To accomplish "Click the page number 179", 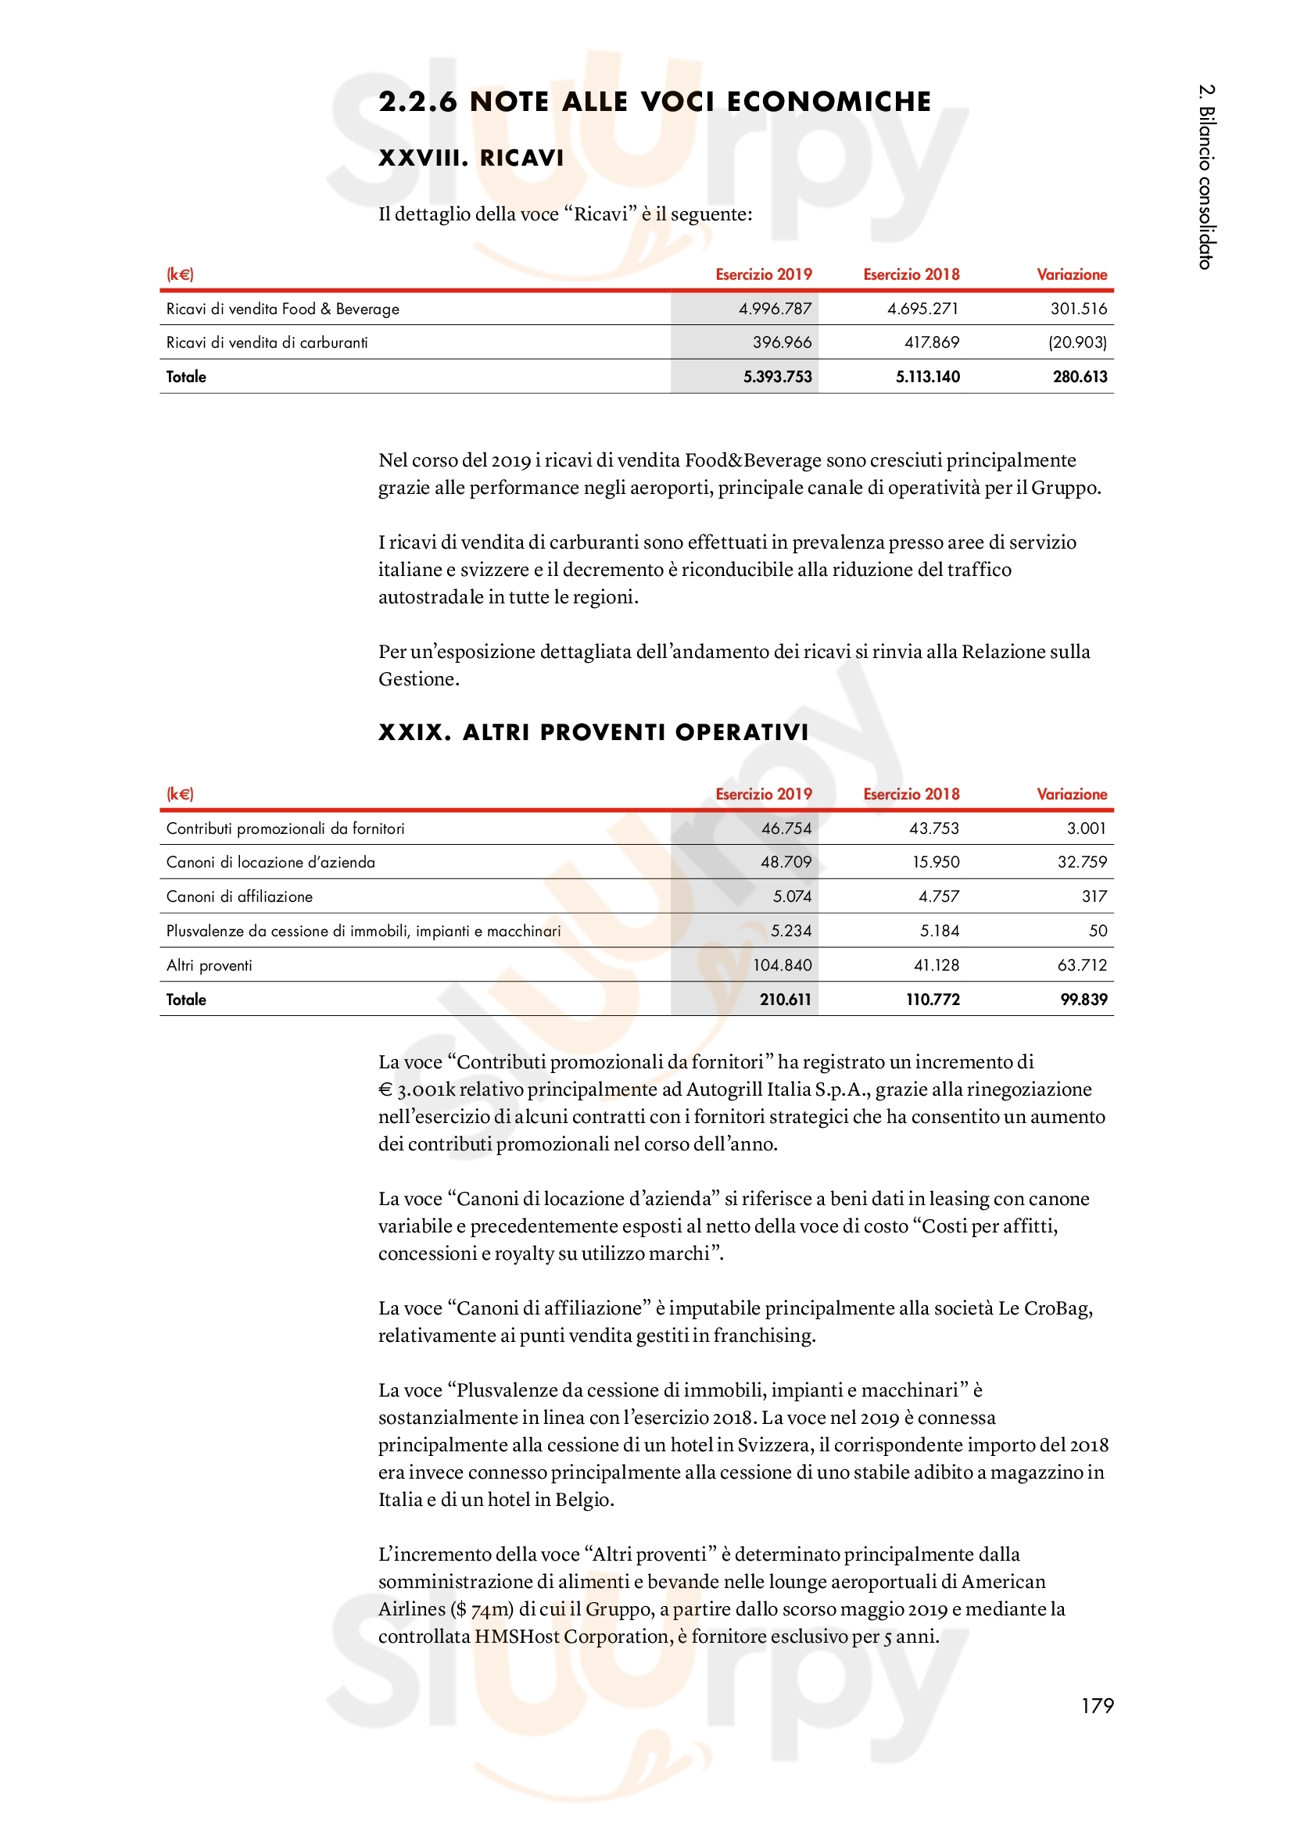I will pyautogui.click(x=1097, y=1705).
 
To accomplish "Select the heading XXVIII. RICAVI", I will pyautogui.click(x=471, y=158).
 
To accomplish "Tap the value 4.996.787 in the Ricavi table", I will pyautogui.click(x=775, y=308).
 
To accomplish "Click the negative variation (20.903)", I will pyautogui.click(x=1077, y=342).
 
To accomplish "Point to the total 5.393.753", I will pyautogui.click(x=777, y=377).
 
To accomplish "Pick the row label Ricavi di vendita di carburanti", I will pyautogui.click(x=267, y=342).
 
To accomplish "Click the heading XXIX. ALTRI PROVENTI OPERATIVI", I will pyautogui.click(x=593, y=732).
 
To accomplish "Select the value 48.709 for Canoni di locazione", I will pyautogui.click(x=786, y=862).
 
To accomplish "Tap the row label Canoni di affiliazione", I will pyautogui.click(x=239, y=896).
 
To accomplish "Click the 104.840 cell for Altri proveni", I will pyautogui.click(x=782, y=965).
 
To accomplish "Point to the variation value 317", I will pyautogui.click(x=1094, y=896).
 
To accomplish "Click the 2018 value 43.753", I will pyautogui.click(x=934, y=828).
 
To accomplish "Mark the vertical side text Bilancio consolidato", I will pyautogui.click(x=1206, y=177).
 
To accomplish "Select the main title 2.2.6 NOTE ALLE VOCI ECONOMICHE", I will pyautogui.click(x=654, y=102).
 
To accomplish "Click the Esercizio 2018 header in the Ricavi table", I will pyautogui.click(x=911, y=274).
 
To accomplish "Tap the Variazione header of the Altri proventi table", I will pyautogui.click(x=1071, y=794).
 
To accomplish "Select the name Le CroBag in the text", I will pyautogui.click(x=1044, y=1308).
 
